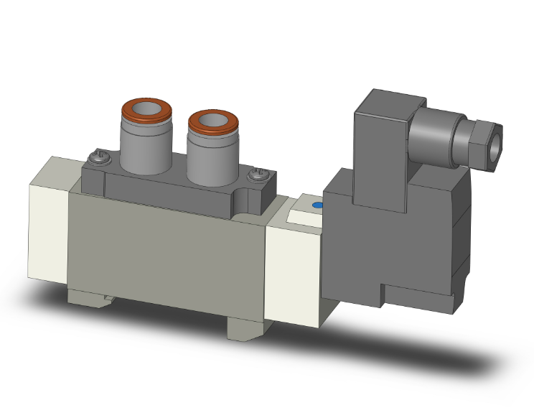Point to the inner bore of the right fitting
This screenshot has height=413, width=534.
[213, 120]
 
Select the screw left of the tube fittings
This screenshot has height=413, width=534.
[98, 154]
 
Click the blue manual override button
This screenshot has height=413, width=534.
[318, 207]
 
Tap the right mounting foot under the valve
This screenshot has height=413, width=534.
[245, 328]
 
